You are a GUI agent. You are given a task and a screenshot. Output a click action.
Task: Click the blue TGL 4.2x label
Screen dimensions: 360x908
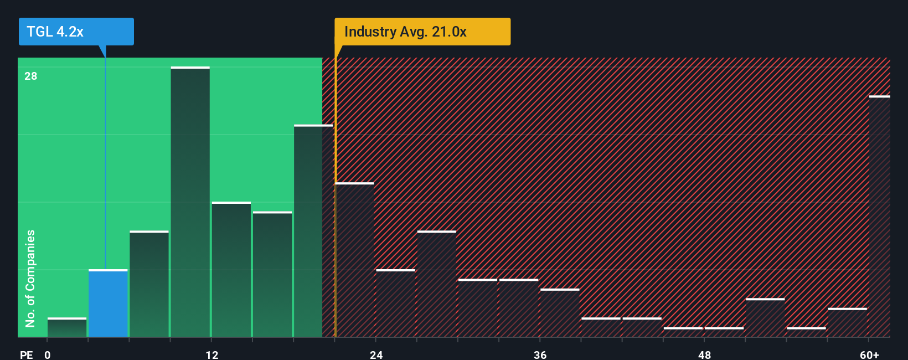pyautogui.click(x=76, y=32)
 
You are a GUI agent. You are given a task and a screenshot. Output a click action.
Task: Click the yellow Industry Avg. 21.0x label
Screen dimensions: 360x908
pyautogui.click(x=422, y=32)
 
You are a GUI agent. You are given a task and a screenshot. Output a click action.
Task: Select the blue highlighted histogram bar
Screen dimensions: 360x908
pyautogui.click(x=108, y=304)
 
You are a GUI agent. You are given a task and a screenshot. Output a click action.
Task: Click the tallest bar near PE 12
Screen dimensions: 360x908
pyautogui.click(x=190, y=202)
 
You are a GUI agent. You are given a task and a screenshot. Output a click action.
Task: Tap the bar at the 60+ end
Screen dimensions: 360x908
pyautogui.click(x=879, y=216)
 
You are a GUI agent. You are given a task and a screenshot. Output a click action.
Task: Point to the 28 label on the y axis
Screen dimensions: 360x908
pyautogui.click(x=30, y=76)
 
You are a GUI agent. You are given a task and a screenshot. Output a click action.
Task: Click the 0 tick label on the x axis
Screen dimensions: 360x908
pyautogui.click(x=48, y=354)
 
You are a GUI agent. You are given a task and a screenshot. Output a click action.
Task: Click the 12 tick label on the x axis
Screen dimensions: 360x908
pyautogui.click(x=212, y=354)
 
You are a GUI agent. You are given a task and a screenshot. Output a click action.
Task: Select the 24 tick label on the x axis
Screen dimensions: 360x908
pyautogui.click(x=376, y=354)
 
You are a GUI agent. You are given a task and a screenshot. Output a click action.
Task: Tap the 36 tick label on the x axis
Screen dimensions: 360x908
pyautogui.click(x=540, y=354)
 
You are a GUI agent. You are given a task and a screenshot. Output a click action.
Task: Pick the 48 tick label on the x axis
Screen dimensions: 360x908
pyautogui.click(x=704, y=354)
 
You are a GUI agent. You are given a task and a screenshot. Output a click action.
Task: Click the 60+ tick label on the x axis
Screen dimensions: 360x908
pyautogui.click(x=869, y=354)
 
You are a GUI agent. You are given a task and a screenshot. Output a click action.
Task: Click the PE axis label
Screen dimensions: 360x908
pyautogui.click(x=26, y=354)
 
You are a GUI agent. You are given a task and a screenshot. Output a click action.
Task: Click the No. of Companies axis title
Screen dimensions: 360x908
pyautogui.click(x=30, y=278)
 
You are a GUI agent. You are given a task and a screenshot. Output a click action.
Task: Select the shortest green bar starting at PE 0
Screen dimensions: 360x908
pyautogui.click(x=67, y=327)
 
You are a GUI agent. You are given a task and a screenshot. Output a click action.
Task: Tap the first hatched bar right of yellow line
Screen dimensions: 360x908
pyautogui.click(x=355, y=260)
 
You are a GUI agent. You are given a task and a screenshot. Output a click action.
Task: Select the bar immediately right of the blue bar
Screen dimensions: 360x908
pyautogui.click(x=149, y=284)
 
